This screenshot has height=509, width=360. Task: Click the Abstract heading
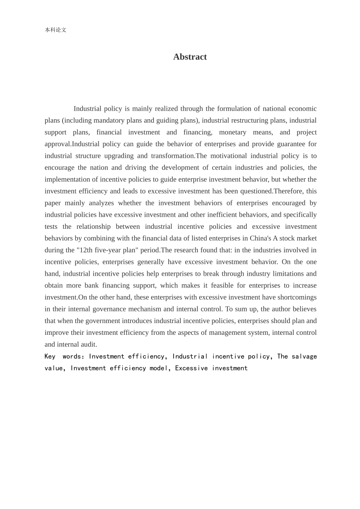point(190,57)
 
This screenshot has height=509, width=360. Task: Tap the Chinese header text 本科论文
point(55,30)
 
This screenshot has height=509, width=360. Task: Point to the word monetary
point(232,132)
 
